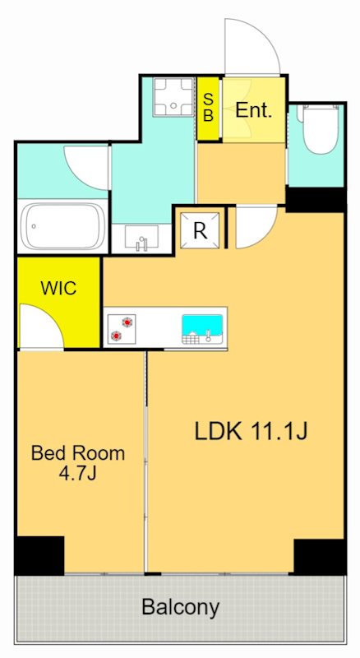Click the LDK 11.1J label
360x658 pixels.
tap(252, 431)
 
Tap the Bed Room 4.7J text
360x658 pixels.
tap(78, 463)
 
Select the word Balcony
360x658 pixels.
tap(181, 607)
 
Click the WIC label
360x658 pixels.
tap(58, 288)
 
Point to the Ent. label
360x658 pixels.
tap(254, 110)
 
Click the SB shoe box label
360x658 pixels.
tap(209, 108)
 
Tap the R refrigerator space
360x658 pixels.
tap(201, 230)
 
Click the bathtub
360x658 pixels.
tap(63, 227)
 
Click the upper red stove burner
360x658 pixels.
tap(127, 322)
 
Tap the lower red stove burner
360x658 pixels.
tap(116, 336)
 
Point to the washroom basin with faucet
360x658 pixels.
tap(141, 238)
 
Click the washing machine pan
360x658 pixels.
tap(173, 96)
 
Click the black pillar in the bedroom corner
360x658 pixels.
tap(39, 556)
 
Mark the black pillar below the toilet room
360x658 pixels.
tap(316, 199)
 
